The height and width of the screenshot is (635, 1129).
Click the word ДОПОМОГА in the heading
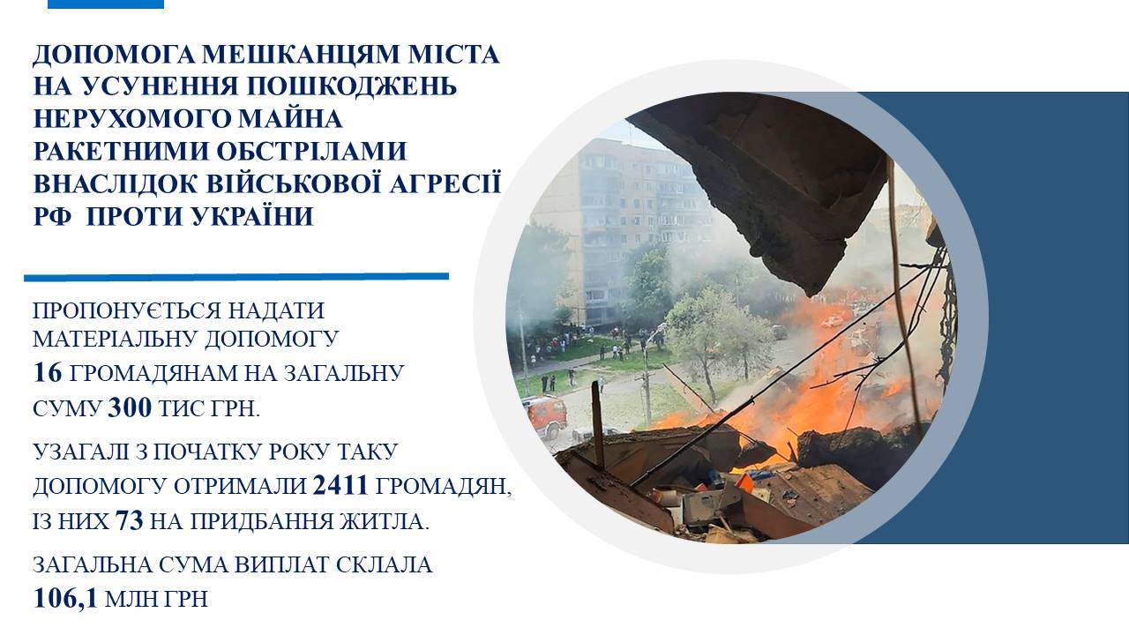pos(115,55)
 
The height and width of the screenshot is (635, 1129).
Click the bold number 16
pos(48,373)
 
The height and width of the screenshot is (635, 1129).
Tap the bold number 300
pos(130,408)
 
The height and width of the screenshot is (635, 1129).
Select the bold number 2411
pos(340,486)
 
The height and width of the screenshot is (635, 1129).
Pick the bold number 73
pos(130,521)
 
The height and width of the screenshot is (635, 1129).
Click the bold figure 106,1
pos(65,599)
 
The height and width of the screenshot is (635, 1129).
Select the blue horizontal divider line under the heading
pos(236,277)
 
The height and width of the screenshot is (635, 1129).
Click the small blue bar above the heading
pos(106,4)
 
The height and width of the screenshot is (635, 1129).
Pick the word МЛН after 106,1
pos(129,599)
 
